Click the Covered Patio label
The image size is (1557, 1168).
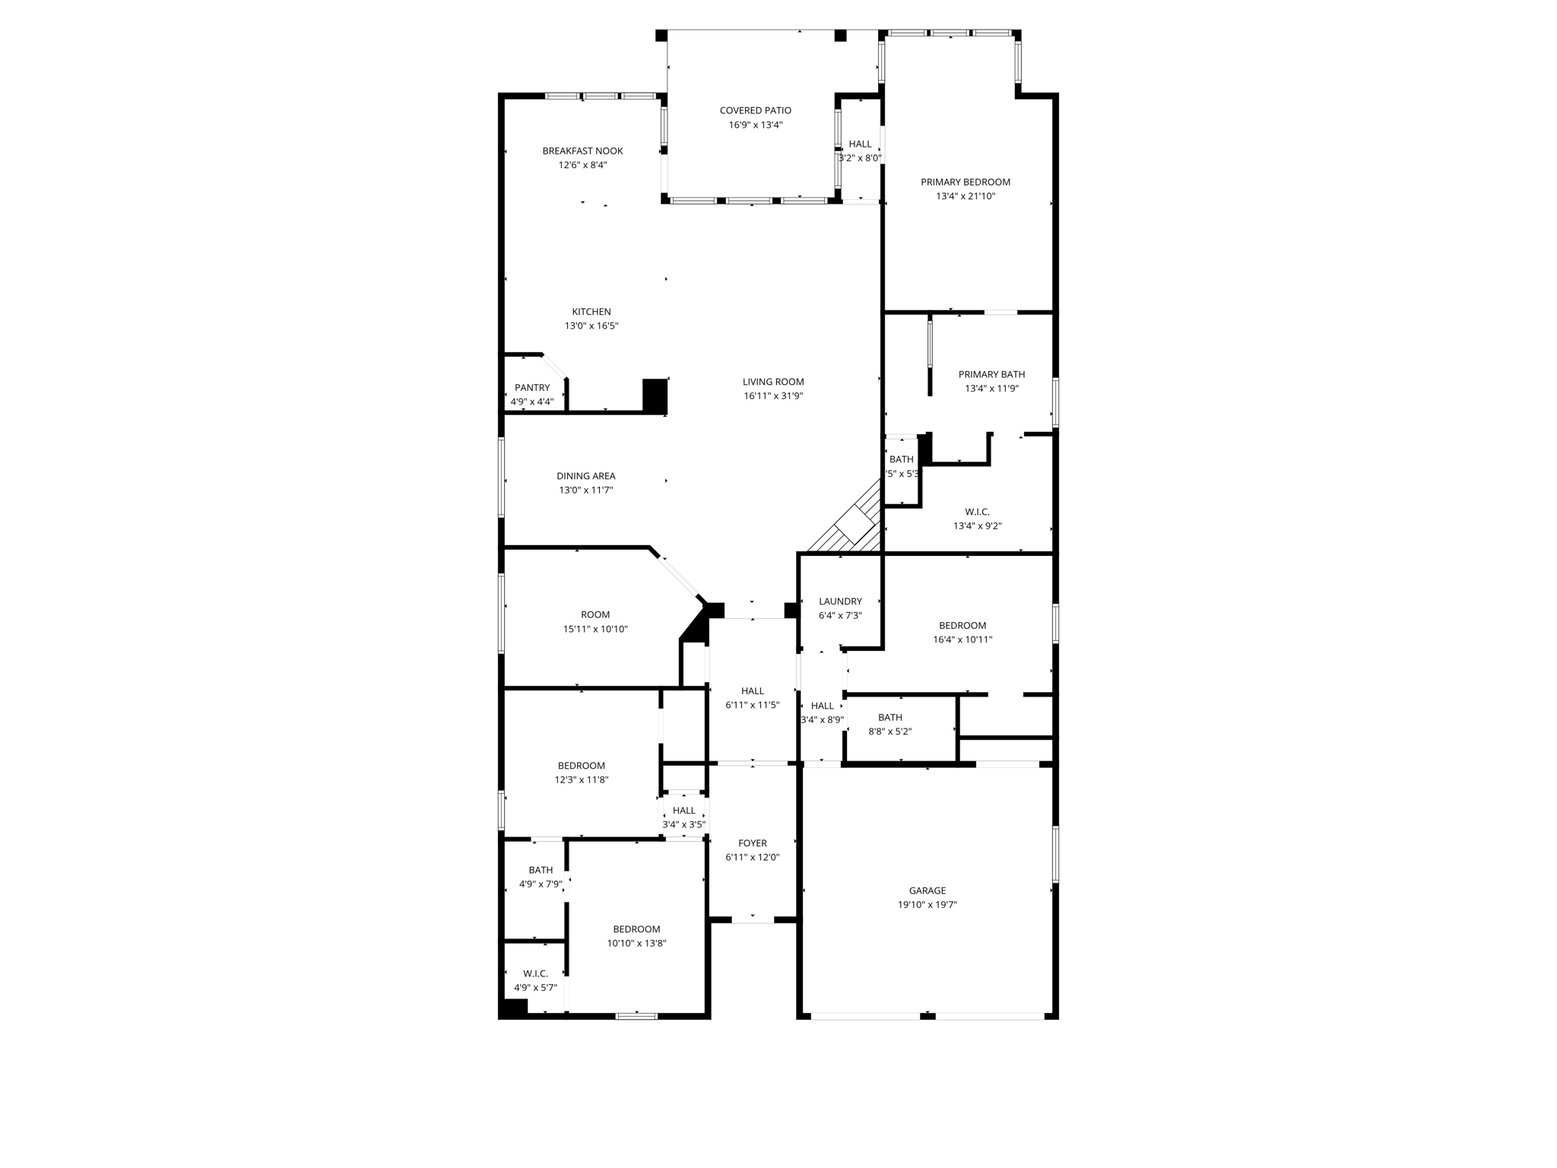coord(755,110)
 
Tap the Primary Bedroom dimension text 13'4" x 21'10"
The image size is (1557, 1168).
coord(966,196)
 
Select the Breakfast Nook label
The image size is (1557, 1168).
coord(582,151)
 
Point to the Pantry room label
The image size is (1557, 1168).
coord(532,388)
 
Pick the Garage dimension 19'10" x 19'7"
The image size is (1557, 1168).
coord(927,905)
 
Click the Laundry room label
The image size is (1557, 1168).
coord(840,601)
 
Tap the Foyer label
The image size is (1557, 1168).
coord(753,843)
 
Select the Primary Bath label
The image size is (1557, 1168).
coord(991,374)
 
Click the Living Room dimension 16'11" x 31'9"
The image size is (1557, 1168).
coord(773,396)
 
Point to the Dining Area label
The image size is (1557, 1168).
coord(585,476)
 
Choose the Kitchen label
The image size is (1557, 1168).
coord(591,312)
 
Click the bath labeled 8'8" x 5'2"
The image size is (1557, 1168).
coord(889,724)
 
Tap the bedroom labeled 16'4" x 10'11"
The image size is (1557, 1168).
coord(962,633)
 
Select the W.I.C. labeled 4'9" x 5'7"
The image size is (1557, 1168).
coord(535,981)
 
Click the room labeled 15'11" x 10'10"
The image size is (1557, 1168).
coord(595,622)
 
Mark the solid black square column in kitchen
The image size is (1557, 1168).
coord(655,395)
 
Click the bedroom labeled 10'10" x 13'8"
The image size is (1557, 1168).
coord(636,936)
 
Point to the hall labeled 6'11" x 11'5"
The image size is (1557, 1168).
coord(752,698)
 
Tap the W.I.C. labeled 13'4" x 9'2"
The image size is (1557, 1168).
coord(978,519)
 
